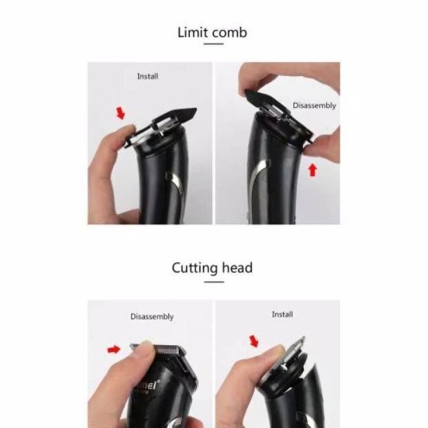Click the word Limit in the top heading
pyautogui.click(x=192, y=32)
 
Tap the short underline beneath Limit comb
pyautogui.click(x=213, y=45)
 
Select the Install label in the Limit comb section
pyautogui.click(x=147, y=77)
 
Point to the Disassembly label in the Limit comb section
pyautogui.click(x=314, y=106)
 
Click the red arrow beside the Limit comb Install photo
pyautogui.click(x=121, y=113)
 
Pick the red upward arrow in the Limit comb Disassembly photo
pyautogui.click(x=312, y=168)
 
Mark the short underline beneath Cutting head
pyautogui.click(x=213, y=280)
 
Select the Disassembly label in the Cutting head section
pyautogui.click(x=152, y=317)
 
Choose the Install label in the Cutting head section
pyautogui.click(x=282, y=314)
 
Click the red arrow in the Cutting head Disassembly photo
pyautogui.click(x=114, y=350)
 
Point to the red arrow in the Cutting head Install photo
pyautogui.click(x=253, y=341)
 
